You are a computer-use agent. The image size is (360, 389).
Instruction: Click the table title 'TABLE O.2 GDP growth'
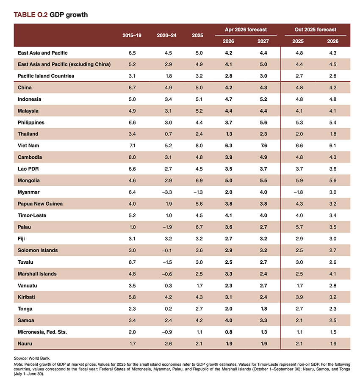click(x=51, y=15)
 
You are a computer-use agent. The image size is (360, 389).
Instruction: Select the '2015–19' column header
click(x=132, y=35)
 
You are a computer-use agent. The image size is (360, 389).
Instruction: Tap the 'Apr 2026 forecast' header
click(x=246, y=30)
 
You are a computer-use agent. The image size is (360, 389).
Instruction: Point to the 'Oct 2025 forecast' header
click(x=315, y=30)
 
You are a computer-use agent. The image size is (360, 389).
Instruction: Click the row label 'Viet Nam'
click(x=28, y=146)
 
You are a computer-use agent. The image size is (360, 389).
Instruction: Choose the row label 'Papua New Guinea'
click(x=40, y=204)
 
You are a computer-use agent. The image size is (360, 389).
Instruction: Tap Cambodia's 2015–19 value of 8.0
click(x=132, y=157)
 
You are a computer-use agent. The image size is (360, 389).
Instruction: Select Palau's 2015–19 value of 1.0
click(x=132, y=227)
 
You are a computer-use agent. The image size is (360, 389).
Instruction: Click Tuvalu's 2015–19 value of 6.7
click(x=132, y=262)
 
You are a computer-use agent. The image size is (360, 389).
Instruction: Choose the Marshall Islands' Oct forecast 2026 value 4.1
click(x=332, y=273)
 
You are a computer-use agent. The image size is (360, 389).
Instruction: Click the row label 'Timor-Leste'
click(x=32, y=215)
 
